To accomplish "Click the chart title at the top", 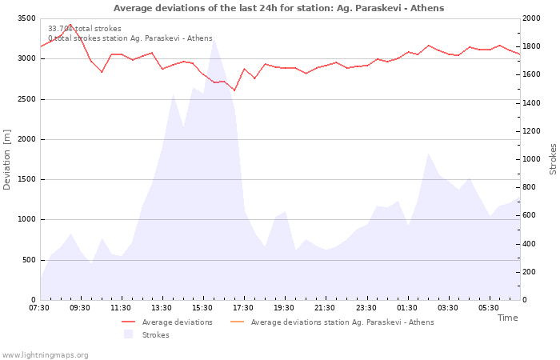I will point(278,8).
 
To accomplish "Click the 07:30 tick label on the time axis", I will point(39,308).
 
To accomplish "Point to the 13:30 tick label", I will point(162,308).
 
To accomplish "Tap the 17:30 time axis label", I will point(243,308).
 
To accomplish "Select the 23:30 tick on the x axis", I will point(366,308).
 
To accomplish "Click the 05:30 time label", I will point(488,308).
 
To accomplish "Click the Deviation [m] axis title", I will point(7,159).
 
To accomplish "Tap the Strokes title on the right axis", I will point(553,159).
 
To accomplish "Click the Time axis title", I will point(507,318).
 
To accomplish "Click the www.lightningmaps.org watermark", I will point(45,355).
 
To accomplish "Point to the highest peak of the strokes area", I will point(213,39).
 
